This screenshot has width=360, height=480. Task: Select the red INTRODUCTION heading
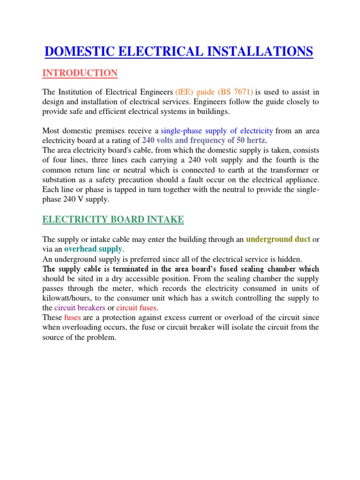pos(80,73)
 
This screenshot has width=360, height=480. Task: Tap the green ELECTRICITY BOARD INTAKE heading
pos(113,219)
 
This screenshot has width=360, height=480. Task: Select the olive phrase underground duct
pos(278,239)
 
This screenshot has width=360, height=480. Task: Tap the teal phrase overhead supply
pos(93,248)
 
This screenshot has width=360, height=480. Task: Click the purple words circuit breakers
pos(80,307)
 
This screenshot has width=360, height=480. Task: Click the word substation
pos(60,179)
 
